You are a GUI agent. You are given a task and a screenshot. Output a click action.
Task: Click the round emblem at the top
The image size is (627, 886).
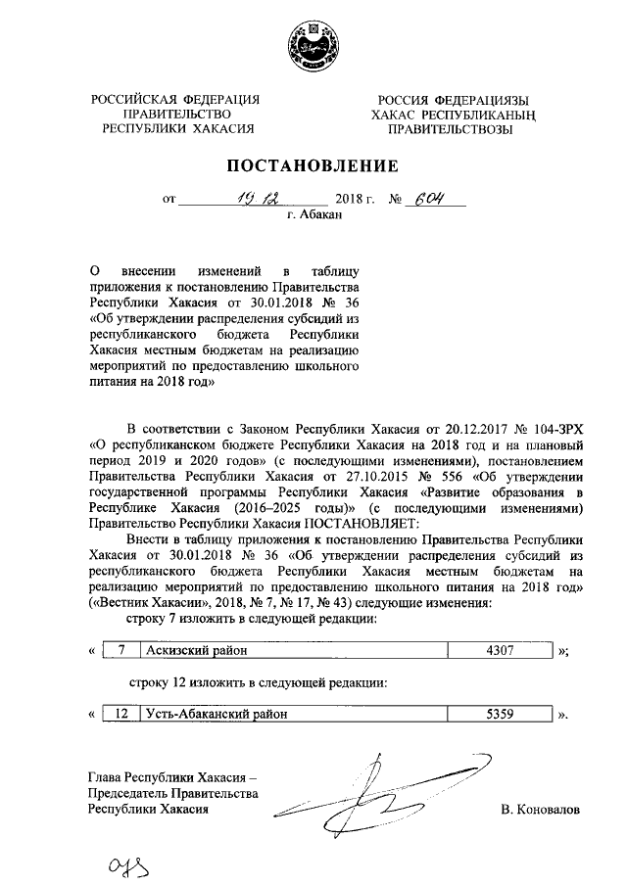[313, 47]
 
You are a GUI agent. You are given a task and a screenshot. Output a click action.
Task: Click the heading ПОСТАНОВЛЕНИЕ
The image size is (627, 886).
[313, 165]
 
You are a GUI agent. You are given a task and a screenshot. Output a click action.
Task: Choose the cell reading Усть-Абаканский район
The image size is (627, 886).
[217, 714]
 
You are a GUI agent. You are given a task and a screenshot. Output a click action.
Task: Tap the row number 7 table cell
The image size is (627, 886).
[121, 649]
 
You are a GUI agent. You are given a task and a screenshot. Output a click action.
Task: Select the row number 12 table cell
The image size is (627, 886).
[121, 714]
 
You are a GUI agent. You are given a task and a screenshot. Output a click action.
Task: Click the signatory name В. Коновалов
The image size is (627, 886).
[540, 811]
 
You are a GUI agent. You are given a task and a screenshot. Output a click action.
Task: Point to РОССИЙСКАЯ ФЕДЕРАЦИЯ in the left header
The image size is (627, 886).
[175, 99]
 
